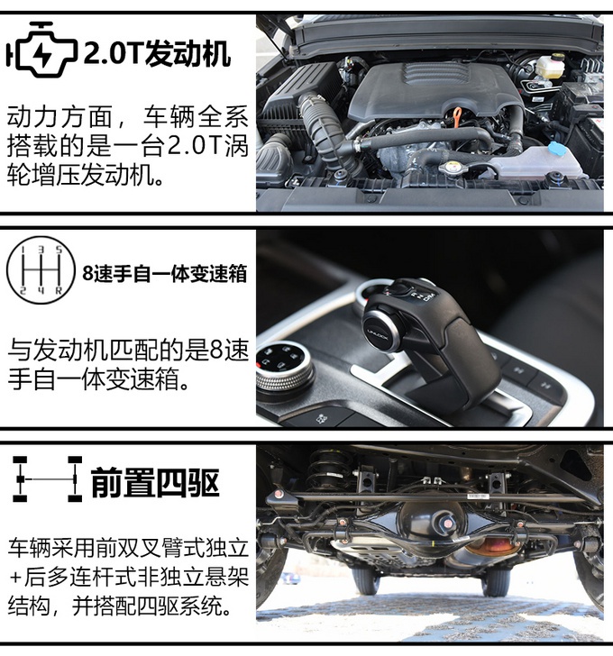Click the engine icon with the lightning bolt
click(x=41, y=50)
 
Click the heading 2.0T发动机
click(x=158, y=53)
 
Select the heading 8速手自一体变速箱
click(x=164, y=274)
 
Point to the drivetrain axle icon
click(x=47, y=479)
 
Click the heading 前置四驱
click(x=155, y=482)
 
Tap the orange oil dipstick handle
click(x=457, y=115)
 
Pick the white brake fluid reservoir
click(x=550, y=66)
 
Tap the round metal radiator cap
click(x=451, y=168)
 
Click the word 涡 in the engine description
click(x=237, y=146)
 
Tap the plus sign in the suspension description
click(x=16, y=578)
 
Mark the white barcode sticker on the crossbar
click(x=478, y=496)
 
